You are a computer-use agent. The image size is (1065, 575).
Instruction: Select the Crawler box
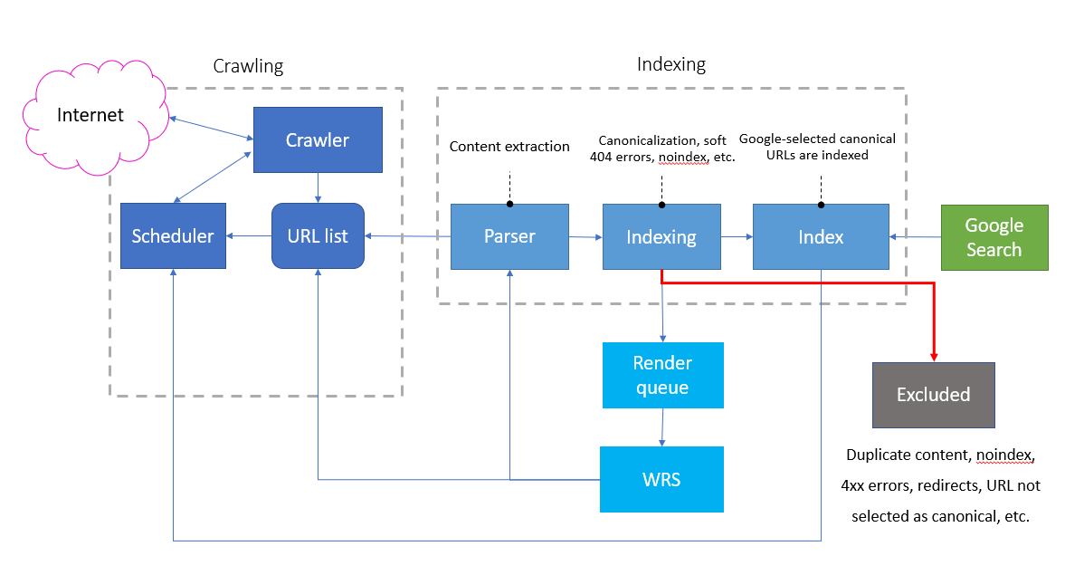pos(317,139)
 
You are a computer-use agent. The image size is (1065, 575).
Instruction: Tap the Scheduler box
pos(173,236)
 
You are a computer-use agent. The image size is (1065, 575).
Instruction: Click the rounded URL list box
pos(317,236)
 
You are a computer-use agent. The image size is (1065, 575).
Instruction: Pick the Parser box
pos(509,236)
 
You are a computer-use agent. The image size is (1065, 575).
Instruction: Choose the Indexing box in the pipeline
pos(661,236)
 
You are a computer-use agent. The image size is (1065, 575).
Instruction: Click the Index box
pos(820,236)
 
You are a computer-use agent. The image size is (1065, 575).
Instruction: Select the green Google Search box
pos(994,237)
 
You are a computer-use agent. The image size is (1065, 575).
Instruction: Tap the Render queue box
pos(662,375)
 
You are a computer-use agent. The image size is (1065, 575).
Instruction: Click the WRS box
pos(662,479)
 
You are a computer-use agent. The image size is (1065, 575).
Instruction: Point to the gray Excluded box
pos(933,395)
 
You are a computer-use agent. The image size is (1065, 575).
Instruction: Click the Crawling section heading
pos(248,66)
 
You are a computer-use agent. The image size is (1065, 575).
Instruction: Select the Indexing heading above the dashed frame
pos(670,64)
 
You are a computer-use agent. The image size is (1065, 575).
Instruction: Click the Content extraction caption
pos(509,146)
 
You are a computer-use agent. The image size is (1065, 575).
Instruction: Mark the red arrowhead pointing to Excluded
pos(933,356)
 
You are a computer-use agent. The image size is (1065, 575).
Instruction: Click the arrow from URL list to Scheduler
pos(249,236)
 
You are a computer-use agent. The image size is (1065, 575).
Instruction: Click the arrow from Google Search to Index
pos(915,237)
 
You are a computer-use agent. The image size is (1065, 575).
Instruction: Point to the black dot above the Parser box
pos(509,204)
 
